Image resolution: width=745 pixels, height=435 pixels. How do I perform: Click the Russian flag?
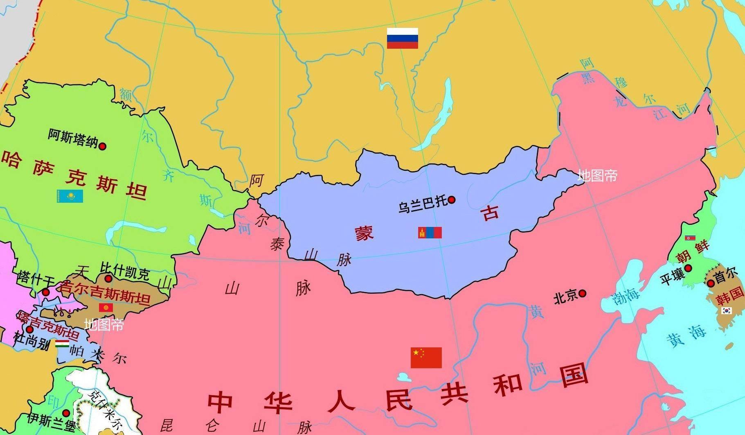[x=403, y=38]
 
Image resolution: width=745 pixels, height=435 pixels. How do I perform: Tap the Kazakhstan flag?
[x=70, y=196]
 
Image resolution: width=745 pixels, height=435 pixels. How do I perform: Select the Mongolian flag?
[x=430, y=233]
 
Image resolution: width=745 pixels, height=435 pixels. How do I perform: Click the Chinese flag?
[x=426, y=358]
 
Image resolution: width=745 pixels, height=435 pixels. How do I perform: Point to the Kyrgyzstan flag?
[x=106, y=307]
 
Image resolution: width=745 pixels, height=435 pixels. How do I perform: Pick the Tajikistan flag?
[x=62, y=344]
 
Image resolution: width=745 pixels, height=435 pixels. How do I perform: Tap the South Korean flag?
[x=726, y=310]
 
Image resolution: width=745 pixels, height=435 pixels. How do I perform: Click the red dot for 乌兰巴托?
[x=452, y=200]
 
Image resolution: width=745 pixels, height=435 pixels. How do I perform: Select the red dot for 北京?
[x=582, y=293]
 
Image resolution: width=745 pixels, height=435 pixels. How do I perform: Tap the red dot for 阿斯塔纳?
[x=103, y=146]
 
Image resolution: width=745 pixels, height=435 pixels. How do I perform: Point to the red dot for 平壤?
[x=688, y=268]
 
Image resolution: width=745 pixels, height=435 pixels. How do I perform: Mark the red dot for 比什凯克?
[x=108, y=279]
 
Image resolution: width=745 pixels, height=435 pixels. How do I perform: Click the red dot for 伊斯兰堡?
[x=66, y=413]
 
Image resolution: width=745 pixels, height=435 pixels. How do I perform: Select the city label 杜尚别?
[x=32, y=341]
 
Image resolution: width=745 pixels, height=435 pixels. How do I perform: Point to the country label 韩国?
[x=730, y=296]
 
